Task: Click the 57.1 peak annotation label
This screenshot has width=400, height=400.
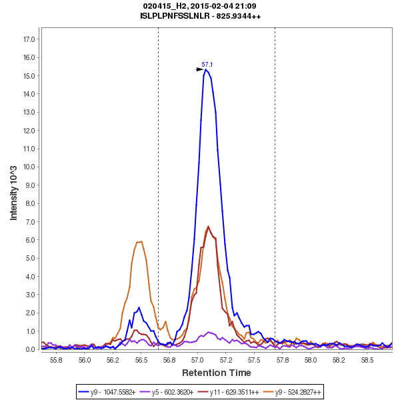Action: point(207,65)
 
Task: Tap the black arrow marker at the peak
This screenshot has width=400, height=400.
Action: point(199,69)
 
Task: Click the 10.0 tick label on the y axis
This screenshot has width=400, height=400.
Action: point(29,167)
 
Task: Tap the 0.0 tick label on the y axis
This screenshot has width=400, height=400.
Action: point(31,349)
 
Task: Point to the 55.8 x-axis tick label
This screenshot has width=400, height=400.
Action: point(56,359)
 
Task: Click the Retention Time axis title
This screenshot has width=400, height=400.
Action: point(217,373)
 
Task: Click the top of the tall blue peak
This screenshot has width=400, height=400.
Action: point(206,69)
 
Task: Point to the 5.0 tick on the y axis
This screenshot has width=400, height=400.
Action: point(31,258)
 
